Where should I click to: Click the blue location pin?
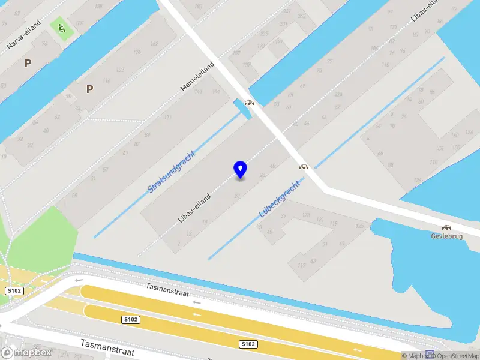pos(240,170)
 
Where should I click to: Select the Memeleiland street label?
pos(197,76)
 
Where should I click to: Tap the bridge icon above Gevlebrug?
pos(446,227)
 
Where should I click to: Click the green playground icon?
pos(60,26)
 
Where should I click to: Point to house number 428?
pos(338,94)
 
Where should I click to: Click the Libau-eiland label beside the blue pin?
pos(194,207)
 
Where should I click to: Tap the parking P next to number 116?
pos(89,89)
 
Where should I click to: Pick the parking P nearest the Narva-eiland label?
pos(27,62)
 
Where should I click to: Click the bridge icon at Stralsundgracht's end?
pos(249,103)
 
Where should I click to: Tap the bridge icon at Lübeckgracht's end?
pos(304,167)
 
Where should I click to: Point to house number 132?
pos(120,70)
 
